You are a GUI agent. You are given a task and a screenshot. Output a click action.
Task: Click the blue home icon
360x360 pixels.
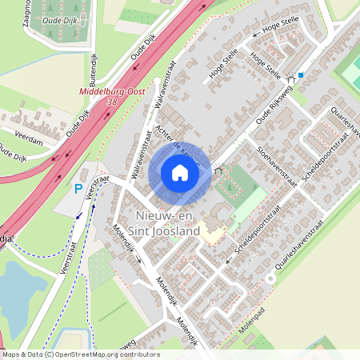tap(180, 172)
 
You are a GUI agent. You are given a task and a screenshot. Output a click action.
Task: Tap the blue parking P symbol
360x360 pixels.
tap(78, 190)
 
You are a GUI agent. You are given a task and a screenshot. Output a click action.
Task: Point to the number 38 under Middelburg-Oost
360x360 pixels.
tap(111, 102)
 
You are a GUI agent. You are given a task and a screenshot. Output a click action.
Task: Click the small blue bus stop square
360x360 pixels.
tap(301, 75)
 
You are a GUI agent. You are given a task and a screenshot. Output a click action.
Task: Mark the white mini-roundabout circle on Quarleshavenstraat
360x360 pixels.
tap(271, 278)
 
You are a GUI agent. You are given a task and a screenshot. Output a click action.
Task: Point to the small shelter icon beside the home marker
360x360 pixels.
tap(218, 170)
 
